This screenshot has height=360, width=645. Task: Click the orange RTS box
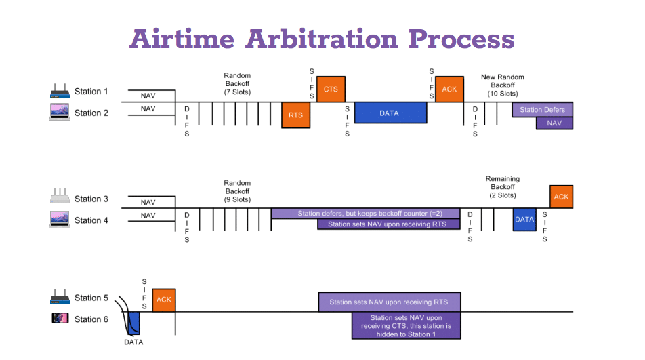[x=296, y=115]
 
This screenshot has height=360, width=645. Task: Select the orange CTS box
[x=331, y=89]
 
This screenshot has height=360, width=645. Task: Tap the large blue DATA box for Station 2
[x=390, y=113]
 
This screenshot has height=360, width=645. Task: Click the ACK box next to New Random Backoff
[x=449, y=89]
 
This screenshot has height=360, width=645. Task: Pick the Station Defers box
[x=542, y=110]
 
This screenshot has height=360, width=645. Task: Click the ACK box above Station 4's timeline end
[x=561, y=197]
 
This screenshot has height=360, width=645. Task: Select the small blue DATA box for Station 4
[x=524, y=219]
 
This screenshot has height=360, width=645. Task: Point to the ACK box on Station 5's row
[x=164, y=300]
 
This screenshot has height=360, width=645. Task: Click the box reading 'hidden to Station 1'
[x=406, y=325]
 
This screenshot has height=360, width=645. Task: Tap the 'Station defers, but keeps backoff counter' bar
[x=365, y=213]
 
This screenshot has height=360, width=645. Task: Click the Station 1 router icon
[x=60, y=92]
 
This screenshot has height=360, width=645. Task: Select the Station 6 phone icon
[x=60, y=318]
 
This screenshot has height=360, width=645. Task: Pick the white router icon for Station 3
[x=60, y=196]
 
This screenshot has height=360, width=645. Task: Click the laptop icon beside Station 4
[x=60, y=220]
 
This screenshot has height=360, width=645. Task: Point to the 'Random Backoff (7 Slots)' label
[x=237, y=84]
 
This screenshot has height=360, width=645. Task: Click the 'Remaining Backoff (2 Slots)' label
[x=503, y=187]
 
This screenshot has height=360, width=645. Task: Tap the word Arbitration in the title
[x=322, y=39]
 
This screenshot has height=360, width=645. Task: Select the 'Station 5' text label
[x=91, y=298]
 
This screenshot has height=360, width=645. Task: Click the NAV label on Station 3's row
[x=148, y=203]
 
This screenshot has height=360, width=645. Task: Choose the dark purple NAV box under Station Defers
[x=554, y=123]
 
